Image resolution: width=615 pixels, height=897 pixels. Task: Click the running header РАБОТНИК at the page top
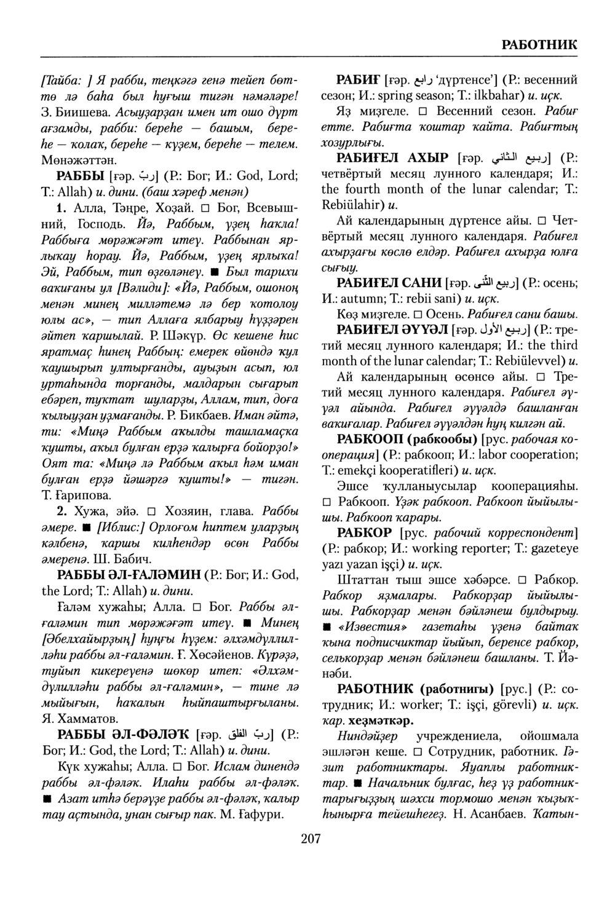tap(539, 45)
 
